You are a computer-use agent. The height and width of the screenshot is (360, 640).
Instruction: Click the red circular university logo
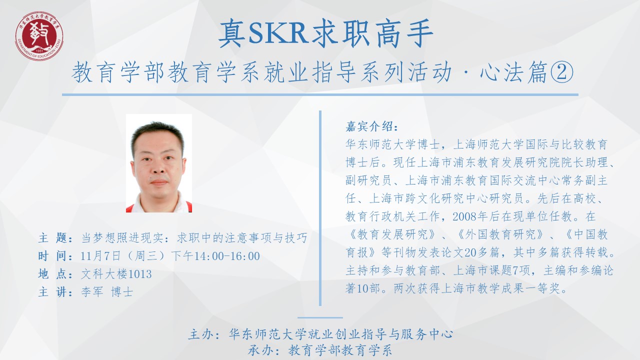[39, 36]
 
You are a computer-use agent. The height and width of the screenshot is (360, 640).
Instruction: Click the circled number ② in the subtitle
[561, 72]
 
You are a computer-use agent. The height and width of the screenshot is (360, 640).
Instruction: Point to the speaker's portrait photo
[159, 163]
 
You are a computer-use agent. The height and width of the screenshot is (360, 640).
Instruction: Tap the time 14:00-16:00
[227, 256]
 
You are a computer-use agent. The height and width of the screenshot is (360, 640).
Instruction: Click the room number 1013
[140, 274]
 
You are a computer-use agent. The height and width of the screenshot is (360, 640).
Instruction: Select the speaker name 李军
[92, 292]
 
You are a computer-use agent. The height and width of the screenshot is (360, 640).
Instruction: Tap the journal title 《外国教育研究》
[500, 234]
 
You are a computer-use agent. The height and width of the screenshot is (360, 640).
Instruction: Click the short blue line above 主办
[320, 317]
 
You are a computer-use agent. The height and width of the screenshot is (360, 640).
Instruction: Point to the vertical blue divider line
[320, 208]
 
